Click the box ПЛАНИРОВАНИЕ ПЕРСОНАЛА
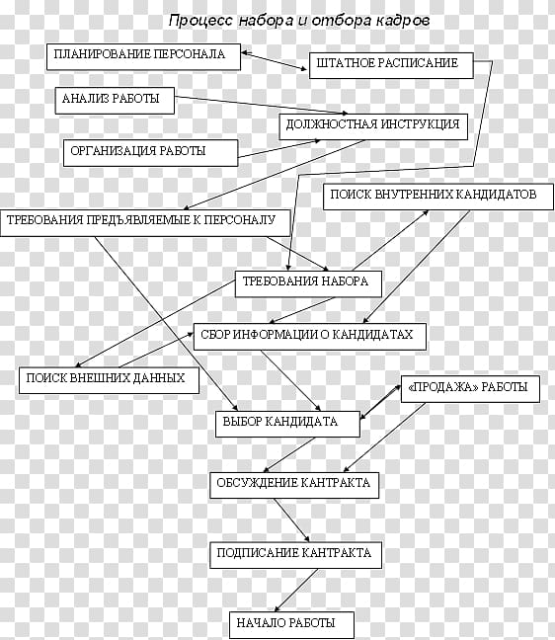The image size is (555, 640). [143, 56]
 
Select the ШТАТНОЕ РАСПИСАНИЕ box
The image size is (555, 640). [391, 65]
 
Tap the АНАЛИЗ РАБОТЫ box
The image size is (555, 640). [115, 101]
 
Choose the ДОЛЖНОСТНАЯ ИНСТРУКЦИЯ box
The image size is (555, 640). [373, 126]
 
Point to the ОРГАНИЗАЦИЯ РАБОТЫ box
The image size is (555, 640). [150, 153]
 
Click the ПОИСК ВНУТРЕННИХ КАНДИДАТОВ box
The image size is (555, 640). [438, 197]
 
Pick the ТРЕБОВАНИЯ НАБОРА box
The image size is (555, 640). [308, 283]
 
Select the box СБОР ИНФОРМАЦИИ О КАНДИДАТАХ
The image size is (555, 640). [310, 337]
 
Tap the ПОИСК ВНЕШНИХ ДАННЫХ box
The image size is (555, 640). [109, 380]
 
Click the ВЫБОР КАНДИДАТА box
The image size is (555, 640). [287, 424]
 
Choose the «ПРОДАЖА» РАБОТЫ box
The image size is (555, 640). [470, 389]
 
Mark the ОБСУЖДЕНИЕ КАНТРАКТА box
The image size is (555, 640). [294, 485]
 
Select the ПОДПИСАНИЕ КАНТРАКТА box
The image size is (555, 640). [296, 555]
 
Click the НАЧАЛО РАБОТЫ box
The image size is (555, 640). [291, 625]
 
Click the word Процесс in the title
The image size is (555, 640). [200, 21]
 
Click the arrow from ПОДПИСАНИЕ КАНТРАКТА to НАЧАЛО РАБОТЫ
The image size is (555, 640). [296, 591]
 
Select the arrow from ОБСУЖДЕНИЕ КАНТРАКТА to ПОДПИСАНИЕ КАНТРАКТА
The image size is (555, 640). [291, 520]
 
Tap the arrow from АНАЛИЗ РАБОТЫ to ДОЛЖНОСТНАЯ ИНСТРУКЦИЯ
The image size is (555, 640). [261, 105]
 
